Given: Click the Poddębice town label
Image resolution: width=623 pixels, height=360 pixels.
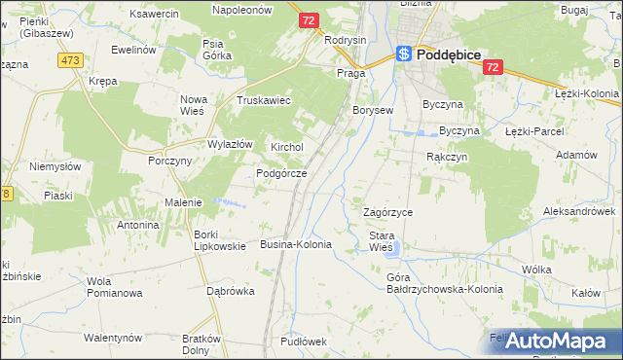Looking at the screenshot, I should (x=449, y=55).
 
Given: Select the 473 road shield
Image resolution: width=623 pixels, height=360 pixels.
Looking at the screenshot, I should (x=69, y=60).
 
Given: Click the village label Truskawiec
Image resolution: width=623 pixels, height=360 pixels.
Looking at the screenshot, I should (x=265, y=100).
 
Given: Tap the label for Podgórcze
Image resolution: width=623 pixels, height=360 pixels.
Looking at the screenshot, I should (x=281, y=173).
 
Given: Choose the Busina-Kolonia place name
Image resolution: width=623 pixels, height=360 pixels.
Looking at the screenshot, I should (x=296, y=244).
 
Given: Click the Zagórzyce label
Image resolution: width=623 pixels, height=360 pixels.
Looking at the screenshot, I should (x=387, y=212).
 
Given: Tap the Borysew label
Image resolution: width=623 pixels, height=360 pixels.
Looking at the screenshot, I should (x=373, y=110).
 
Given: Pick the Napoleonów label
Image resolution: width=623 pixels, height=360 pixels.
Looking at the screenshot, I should (x=242, y=8).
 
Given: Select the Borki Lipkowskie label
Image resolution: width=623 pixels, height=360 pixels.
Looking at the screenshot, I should (x=219, y=239).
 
